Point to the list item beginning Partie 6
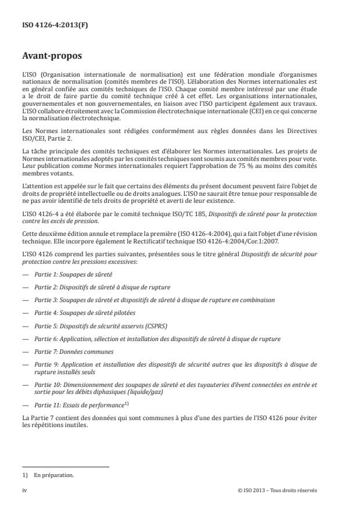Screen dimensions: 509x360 coord(157,339)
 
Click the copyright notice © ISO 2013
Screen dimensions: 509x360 coord(278,490)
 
